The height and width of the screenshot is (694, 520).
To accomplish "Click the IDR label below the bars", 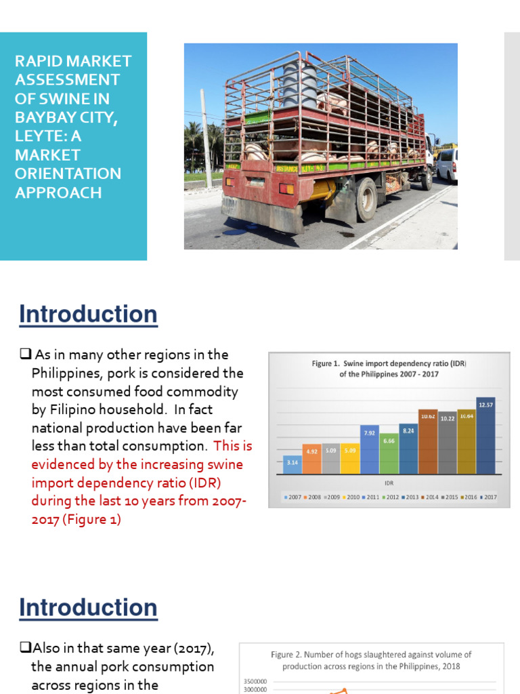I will tap(389, 483).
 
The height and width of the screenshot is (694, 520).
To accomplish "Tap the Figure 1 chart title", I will tap(389, 369).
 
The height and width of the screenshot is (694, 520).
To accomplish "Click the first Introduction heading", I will tap(88, 314).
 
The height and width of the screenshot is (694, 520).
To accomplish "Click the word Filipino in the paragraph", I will tap(75, 410).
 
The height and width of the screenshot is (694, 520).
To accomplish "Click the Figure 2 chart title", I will tap(371, 660).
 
